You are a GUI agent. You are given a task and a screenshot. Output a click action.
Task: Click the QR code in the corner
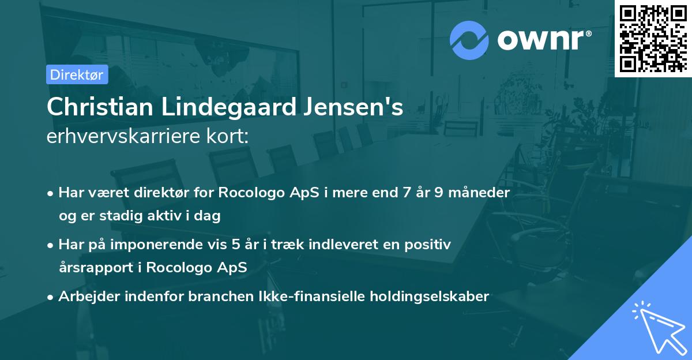(x=653, y=39)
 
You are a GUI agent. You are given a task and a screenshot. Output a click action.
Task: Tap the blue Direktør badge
(x=77, y=74)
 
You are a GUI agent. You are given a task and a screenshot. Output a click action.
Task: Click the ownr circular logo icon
(x=470, y=40)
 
